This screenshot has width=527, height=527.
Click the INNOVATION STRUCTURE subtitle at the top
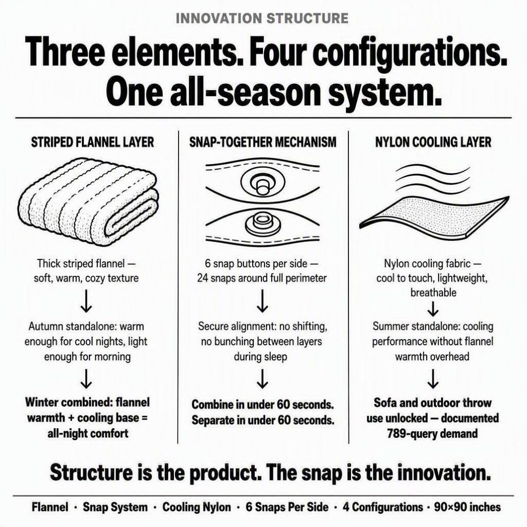click(262, 18)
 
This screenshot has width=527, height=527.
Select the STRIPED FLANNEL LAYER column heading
click(93, 142)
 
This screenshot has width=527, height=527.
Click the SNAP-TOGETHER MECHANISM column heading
click(263, 142)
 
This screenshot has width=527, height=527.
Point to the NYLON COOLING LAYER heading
click(433, 142)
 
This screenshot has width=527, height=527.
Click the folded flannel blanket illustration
click(88, 202)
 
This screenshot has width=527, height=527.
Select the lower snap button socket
click(262, 224)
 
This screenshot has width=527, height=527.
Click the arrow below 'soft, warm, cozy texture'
click(86, 301)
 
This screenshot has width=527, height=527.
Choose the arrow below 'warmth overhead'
click(433, 378)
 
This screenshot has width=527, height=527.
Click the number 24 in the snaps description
click(202, 278)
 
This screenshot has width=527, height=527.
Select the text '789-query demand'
click(432, 433)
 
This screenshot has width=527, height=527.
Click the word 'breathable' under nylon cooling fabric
click(433, 292)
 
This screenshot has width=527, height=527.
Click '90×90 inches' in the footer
click(467, 507)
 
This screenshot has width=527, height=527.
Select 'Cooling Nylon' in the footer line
click(196, 507)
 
